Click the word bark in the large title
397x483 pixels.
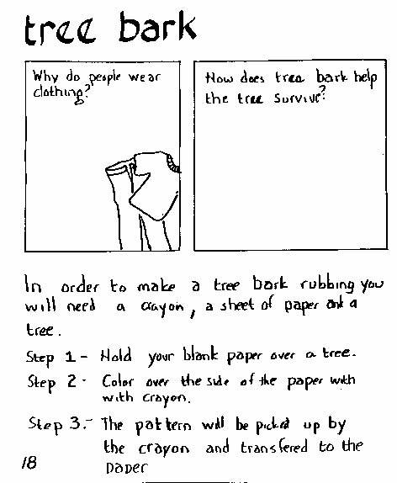coord(157,27)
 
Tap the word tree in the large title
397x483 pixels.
coord(61,31)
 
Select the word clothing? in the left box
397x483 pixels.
coord(61,93)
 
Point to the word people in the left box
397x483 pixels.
coord(104,77)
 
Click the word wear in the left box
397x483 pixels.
coord(145,77)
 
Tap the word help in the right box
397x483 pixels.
coord(365,77)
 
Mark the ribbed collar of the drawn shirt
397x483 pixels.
coord(173,163)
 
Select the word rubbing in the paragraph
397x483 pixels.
coord(328,285)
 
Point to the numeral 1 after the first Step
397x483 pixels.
coord(70,357)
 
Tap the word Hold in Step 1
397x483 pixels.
coord(116,355)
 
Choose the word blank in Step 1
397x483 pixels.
coord(201,354)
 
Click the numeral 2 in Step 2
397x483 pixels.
coord(71,381)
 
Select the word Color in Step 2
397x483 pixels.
coord(118,381)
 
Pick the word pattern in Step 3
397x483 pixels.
coord(163,426)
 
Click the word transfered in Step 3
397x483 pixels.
coord(274,448)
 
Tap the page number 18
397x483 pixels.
coord(29,462)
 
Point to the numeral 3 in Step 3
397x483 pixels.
coord(75,423)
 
